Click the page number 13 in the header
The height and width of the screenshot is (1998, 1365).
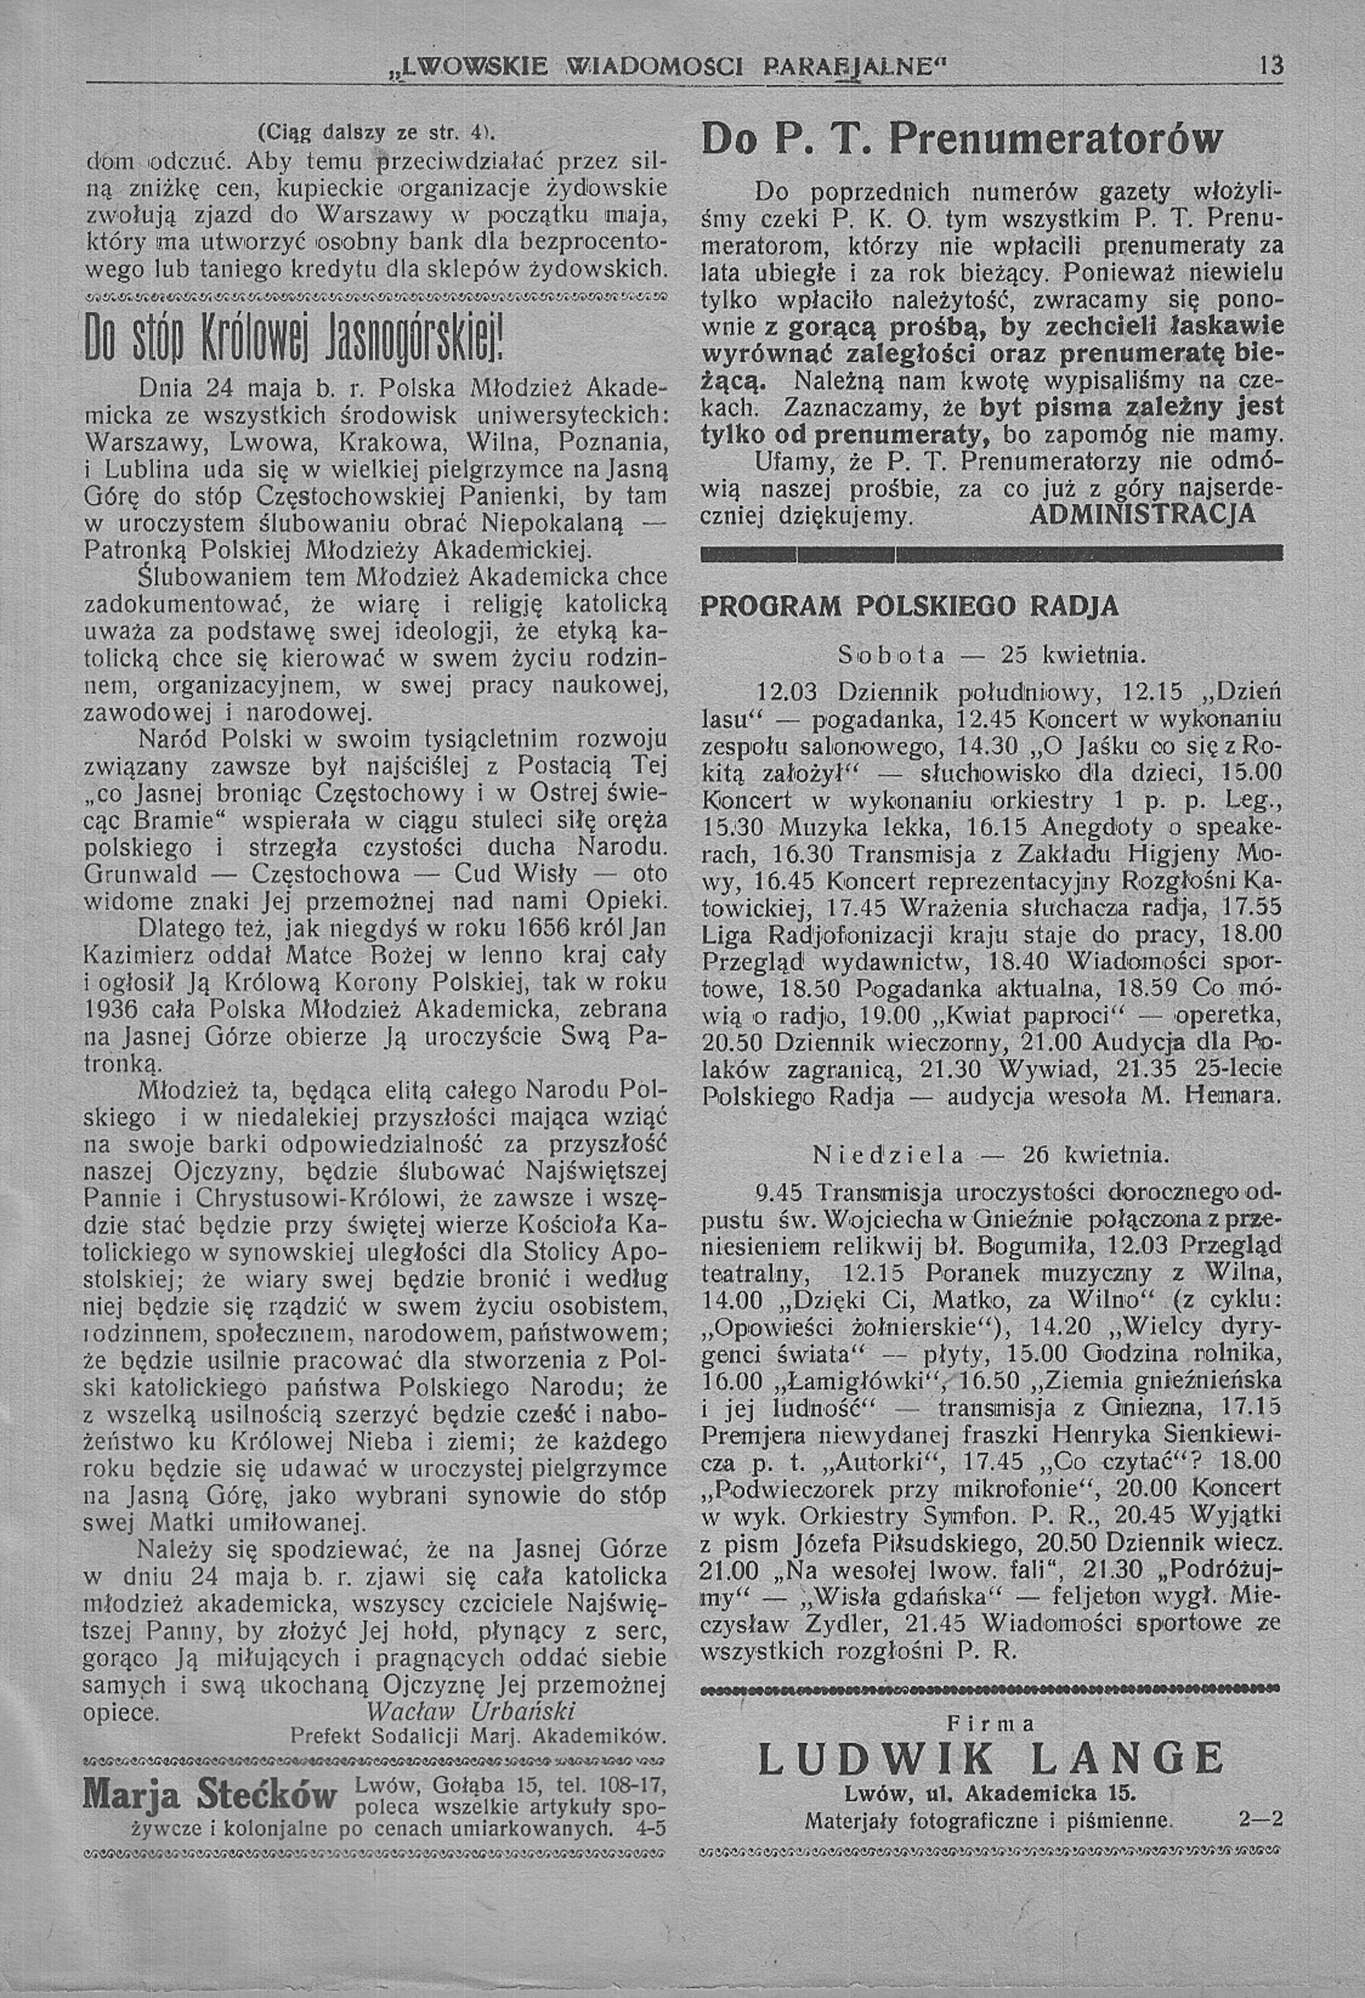coord(1268,66)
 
